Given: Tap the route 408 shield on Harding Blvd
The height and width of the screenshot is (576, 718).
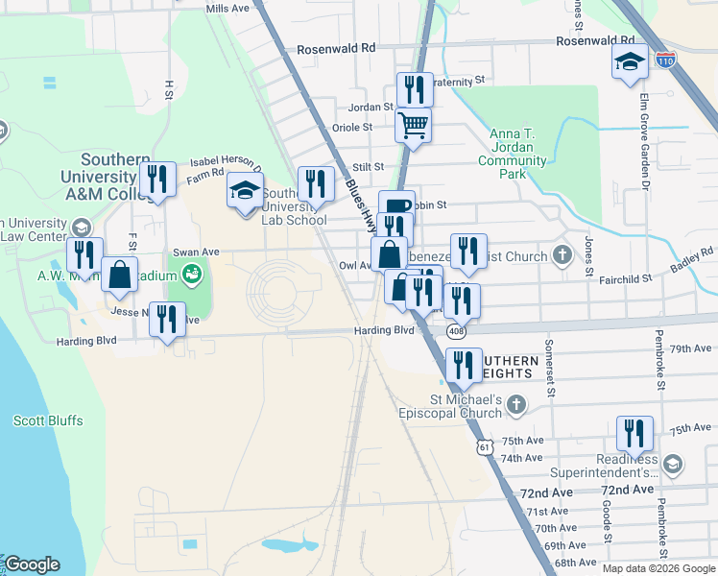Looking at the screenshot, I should pyautogui.click(x=452, y=329).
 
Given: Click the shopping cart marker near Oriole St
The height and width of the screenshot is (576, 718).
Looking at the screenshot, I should pyautogui.click(x=413, y=125).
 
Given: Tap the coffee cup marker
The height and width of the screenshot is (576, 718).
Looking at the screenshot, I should pyautogui.click(x=396, y=205).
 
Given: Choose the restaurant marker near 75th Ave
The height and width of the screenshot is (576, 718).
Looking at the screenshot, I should pyautogui.click(x=634, y=433).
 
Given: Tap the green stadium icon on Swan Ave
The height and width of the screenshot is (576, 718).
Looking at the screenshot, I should pyautogui.click(x=191, y=274).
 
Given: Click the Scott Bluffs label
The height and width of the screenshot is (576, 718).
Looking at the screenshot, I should pyautogui.click(x=48, y=420).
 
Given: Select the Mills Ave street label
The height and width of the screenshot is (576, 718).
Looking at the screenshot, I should pyautogui.click(x=227, y=8).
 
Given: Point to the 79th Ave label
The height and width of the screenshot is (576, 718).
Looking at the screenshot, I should pyautogui.click(x=693, y=348).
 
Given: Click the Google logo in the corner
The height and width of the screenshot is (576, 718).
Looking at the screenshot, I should pyautogui.click(x=32, y=564).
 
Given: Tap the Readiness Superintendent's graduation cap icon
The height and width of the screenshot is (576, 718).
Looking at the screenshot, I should pyautogui.click(x=674, y=465).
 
